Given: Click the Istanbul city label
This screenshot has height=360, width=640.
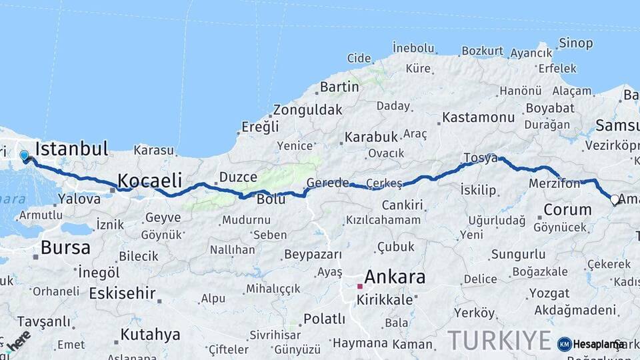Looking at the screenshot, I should tap(71, 149).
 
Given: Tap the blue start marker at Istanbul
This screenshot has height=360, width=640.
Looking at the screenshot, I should tap(24, 156).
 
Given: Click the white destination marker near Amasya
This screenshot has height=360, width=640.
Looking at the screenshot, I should tap(615, 199).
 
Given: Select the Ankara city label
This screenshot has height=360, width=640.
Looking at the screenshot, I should tap(395, 277).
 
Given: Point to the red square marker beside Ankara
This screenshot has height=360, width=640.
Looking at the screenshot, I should tap(360, 286).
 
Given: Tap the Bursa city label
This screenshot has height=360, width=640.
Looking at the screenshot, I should tap(65, 248).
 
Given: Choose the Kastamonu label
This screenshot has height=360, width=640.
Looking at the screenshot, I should tap(479, 117).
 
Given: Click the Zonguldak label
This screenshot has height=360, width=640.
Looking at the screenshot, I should tap(307, 109).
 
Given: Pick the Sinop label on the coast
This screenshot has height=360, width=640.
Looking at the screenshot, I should tap(575, 43).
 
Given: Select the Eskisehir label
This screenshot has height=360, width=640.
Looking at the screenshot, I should tap(122, 293).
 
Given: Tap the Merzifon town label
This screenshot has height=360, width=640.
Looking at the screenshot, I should tap(554, 183).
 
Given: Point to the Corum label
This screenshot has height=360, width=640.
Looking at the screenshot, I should tap(567, 209).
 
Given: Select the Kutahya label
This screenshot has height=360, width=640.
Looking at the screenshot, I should tap(150, 334).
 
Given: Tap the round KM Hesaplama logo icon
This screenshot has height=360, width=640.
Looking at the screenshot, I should tap(565, 344).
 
